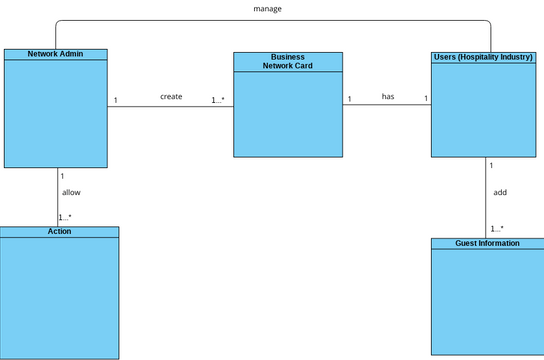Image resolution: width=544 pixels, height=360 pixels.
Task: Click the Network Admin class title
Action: [x=54, y=54]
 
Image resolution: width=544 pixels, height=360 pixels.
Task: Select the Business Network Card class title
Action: [x=288, y=62]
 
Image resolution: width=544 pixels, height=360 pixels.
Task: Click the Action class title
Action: [x=59, y=231]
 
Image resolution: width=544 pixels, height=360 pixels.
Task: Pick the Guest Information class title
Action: [x=487, y=243]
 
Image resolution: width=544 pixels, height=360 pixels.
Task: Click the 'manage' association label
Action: [x=267, y=9]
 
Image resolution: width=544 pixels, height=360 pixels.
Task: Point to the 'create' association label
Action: [x=171, y=97]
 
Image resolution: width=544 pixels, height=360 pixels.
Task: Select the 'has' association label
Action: [x=388, y=97]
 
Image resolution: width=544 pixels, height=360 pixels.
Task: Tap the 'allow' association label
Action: [x=72, y=192]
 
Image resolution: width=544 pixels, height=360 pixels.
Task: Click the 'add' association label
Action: [x=500, y=192]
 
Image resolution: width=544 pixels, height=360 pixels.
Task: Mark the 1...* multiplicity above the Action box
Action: [x=65, y=217]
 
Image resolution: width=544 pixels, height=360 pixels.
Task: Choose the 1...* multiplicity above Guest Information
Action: [x=497, y=229]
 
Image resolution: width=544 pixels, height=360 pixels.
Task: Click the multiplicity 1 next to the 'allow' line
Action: [x=62, y=175]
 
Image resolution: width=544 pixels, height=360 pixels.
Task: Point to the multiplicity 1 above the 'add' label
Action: [x=491, y=164]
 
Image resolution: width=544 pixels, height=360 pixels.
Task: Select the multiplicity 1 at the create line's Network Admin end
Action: [x=116, y=100]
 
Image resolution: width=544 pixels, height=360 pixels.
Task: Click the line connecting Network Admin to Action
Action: [x=58, y=200]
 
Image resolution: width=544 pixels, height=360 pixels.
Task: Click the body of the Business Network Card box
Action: [x=288, y=115]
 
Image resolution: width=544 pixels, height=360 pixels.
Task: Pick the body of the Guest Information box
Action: [x=487, y=300]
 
